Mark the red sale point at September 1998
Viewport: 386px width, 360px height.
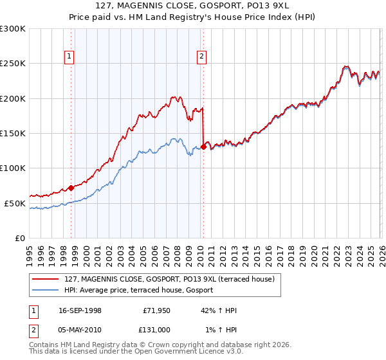71,188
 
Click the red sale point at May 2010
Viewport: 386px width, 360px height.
203,147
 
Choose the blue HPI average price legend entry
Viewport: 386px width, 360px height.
139,290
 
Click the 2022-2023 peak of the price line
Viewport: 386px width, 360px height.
346,66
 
